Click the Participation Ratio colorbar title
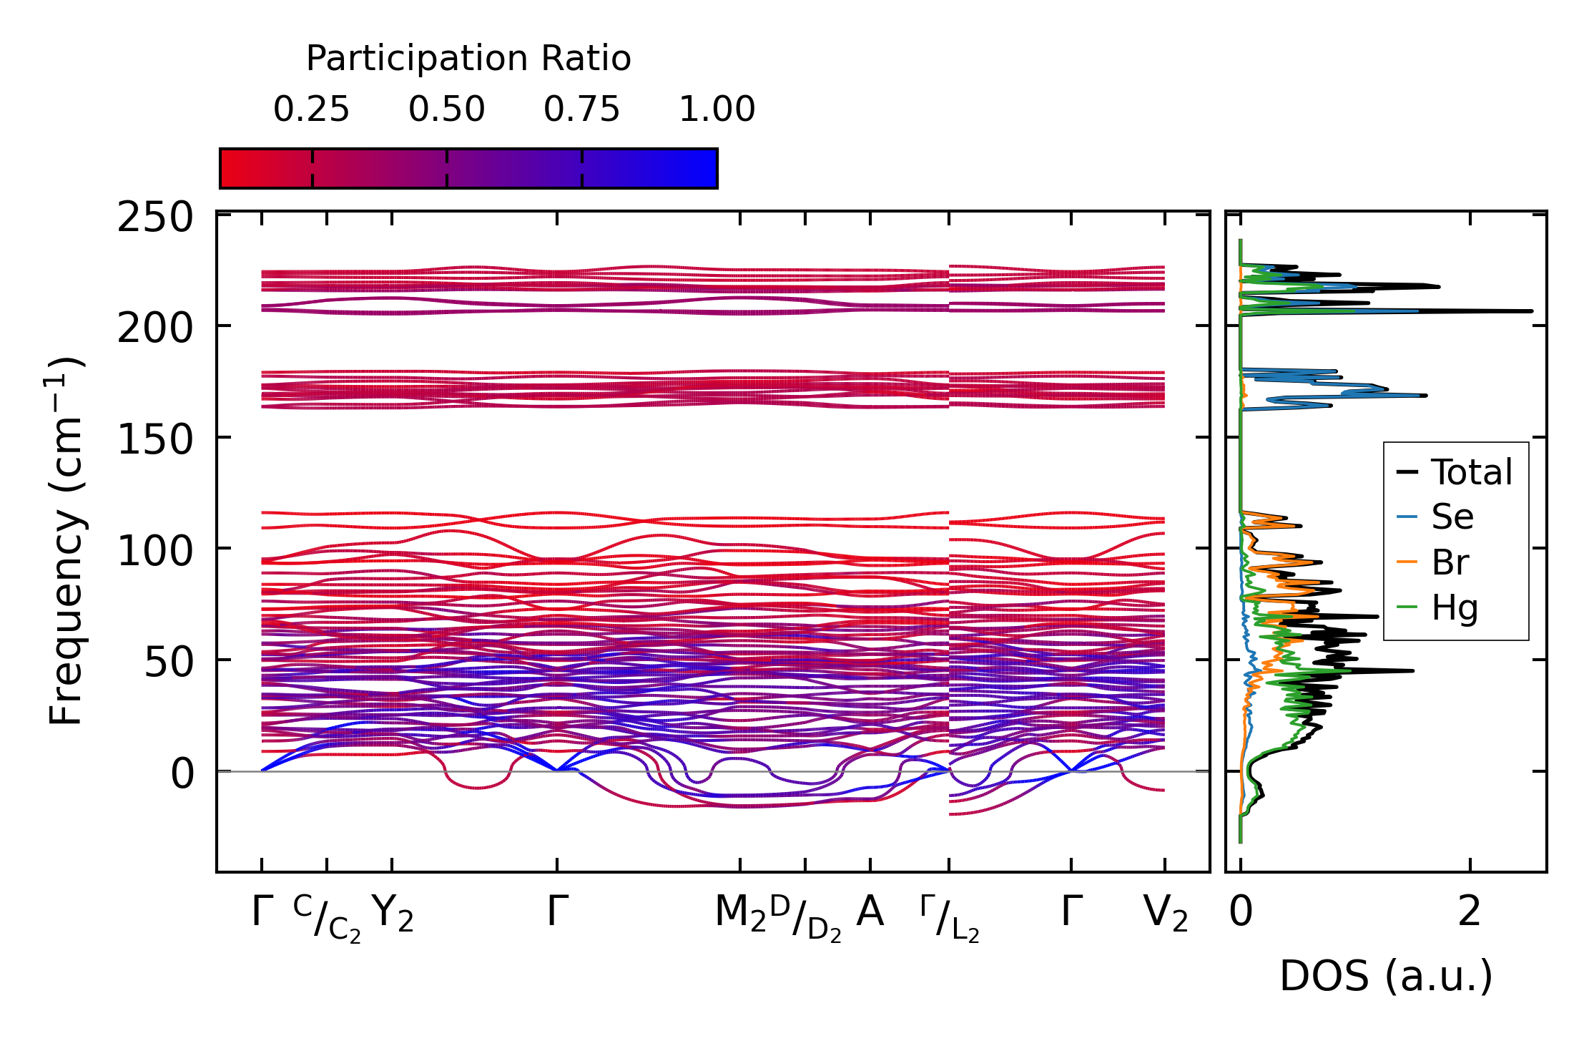coord(468,58)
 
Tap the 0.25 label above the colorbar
coord(311,109)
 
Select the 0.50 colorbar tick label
coord(446,109)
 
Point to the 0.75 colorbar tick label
coord(581,109)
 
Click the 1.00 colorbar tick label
coord(717,109)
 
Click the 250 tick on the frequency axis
coord(155,217)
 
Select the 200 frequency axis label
coord(155,328)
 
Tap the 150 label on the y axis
coord(155,439)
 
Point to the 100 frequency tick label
coord(155,551)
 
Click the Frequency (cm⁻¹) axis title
coord(66,541)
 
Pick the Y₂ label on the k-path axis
coord(393,914)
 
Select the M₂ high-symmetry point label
coord(740,914)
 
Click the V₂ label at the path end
coord(1165,914)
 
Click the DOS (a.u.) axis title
coord(1386,977)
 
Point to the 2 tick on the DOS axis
coord(1470,912)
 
